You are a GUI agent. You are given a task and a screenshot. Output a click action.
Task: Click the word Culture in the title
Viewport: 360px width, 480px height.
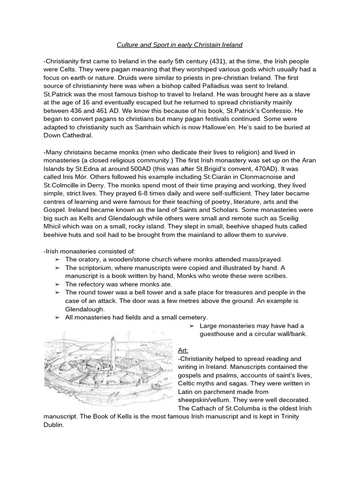(128, 45)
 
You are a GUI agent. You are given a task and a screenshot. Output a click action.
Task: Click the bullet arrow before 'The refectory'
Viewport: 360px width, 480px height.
(57, 284)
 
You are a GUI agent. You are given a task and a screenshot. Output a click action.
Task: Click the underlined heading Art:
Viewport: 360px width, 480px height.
(183, 350)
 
